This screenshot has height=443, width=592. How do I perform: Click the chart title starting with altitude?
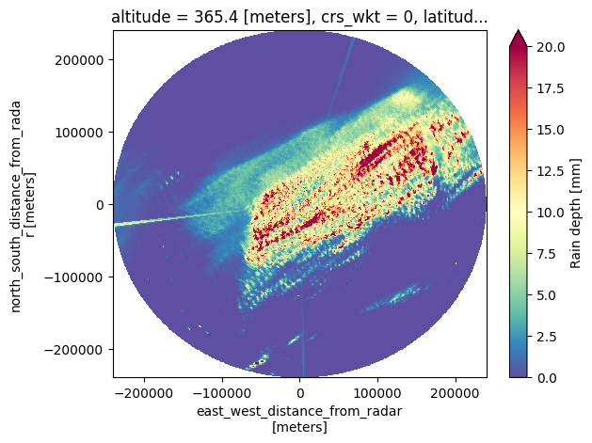tap(299, 16)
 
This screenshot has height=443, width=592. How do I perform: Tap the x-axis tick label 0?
tap(300, 388)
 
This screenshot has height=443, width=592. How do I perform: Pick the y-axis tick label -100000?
tap(79, 277)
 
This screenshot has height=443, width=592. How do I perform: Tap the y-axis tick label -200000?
tap(79, 349)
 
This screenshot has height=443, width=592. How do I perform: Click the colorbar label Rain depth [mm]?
tap(577, 211)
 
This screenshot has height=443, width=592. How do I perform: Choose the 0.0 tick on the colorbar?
tap(546, 377)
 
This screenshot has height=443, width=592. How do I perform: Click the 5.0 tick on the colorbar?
tap(546, 294)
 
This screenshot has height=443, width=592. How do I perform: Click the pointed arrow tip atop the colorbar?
tap(518, 31)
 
